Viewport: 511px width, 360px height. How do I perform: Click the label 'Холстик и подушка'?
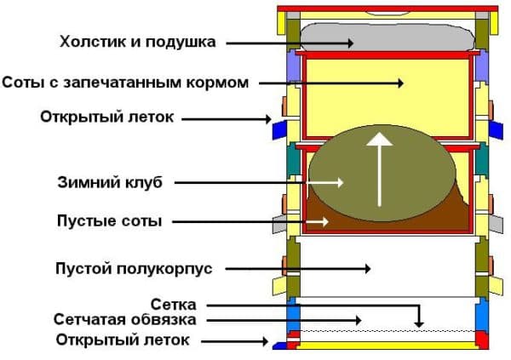pos(137,42)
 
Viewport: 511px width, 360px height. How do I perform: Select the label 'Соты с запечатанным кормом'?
pos(125,83)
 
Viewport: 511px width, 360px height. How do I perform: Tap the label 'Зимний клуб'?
pos(110,182)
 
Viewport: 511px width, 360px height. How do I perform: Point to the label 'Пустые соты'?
pos(110,221)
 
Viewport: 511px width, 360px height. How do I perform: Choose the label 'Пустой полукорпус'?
pos(134,269)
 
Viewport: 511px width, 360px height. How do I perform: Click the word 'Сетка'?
pos(174,305)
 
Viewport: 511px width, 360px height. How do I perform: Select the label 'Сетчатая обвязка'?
pos(125,320)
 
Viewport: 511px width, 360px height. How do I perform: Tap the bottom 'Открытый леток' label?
pos(123,340)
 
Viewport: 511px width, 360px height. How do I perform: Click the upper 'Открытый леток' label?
pos(107,117)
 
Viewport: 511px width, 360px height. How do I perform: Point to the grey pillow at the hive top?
pos(387,37)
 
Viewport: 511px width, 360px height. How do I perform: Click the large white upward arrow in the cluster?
pos(379,169)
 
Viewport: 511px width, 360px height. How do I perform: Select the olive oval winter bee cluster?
pos(382,174)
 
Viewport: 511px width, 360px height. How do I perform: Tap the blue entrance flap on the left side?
pos(279,130)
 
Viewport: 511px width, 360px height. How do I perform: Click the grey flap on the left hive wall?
pos(279,224)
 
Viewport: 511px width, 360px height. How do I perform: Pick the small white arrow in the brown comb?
pos(317,222)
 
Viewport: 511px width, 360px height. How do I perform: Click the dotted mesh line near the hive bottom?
pos(388,331)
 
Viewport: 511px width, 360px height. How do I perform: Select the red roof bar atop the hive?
pos(388,9)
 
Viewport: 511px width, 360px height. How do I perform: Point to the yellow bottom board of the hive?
pos(388,346)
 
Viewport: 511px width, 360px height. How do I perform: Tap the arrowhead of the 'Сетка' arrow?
pos(419,324)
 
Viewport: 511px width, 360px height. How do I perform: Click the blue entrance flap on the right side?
pos(496,130)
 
